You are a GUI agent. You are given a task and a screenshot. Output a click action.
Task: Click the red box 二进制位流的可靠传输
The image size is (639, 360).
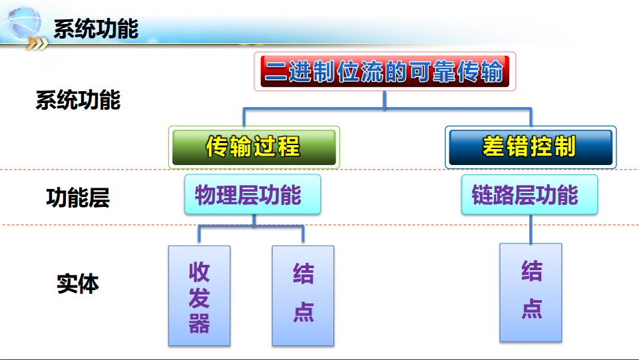point(385,71)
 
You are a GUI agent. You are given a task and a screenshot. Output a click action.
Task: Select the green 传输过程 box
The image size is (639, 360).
point(254,147)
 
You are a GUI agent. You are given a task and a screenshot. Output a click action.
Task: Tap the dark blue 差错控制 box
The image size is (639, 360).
point(530,147)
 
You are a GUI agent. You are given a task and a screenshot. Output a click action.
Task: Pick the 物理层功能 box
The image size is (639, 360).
point(252,194)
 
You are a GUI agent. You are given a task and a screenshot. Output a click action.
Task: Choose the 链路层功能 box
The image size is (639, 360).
point(529,194)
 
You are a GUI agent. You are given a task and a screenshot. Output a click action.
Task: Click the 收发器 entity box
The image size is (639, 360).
point(199,295)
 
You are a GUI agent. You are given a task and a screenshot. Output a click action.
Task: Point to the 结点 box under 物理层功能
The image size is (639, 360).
point(303,295)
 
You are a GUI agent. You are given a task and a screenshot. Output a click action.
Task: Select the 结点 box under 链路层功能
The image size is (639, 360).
point(531,292)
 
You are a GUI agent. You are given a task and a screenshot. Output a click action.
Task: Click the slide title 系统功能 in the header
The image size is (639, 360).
point(96,29)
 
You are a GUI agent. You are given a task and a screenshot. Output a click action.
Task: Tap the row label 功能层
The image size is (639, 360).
point(78,198)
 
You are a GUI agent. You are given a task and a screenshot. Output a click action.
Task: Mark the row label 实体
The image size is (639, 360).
point(78,284)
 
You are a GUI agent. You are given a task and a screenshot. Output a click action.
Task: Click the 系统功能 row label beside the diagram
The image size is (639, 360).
point(78,100)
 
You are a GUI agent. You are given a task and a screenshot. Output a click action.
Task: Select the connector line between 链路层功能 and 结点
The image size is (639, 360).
point(531,229)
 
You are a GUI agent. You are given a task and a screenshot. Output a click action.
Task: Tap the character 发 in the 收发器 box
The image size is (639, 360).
point(199,297)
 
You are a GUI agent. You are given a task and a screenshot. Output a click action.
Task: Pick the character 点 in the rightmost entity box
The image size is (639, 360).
point(531,309)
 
